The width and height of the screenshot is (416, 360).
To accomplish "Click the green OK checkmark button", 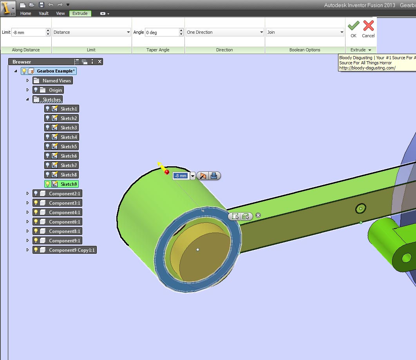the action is point(353,29).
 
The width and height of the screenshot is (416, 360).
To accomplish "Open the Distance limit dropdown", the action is point(92,32).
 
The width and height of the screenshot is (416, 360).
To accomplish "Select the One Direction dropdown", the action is point(225,32).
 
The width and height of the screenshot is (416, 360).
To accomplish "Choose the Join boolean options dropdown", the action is point(305,32).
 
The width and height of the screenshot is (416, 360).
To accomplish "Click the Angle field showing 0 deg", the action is point(162,32).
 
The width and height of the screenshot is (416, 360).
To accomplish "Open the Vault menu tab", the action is point(44,13).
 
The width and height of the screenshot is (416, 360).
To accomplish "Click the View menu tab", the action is point(60,13).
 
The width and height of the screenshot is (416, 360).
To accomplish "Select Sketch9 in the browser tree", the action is point(61,184).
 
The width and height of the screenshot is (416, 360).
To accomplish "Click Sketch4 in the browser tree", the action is point(61,137).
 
